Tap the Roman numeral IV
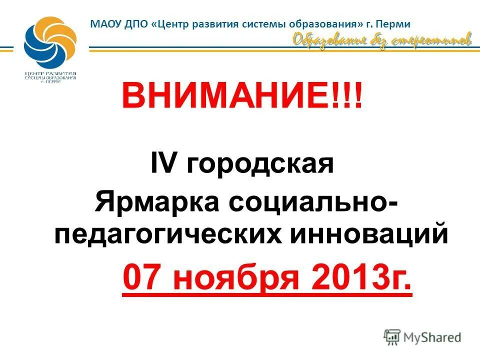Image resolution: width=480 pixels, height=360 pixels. [164, 164]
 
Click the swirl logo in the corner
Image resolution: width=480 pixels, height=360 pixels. [50, 44]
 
